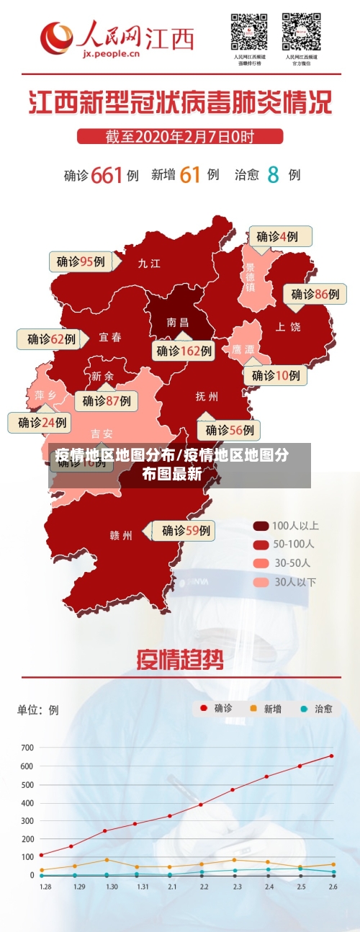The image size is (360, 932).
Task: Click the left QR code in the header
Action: click(249, 32)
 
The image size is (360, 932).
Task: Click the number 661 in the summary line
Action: click(107, 174)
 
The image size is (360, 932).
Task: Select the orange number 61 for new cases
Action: click(189, 174)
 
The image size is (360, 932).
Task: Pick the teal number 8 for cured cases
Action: click(273, 174)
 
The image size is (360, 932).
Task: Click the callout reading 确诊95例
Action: click(81, 261)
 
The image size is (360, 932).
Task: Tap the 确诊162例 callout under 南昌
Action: click(184, 351)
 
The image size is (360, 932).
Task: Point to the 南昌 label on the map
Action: click(177, 322)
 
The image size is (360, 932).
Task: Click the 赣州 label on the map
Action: click(121, 535)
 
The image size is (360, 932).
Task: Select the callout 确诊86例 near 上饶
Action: click(315, 294)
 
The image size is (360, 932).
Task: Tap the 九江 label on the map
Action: click(149, 264)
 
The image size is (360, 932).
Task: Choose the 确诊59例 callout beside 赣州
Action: click(186, 531)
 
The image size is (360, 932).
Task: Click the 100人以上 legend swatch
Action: click(261, 526)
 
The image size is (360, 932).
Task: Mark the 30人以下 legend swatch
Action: click(261, 581)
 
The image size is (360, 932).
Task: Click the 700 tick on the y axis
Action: click(27, 748)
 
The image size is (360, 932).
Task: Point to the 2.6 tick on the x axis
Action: click(332, 886)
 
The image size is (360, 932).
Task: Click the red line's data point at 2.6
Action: click(332, 756)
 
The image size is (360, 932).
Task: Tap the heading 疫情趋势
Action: click(180, 660)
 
